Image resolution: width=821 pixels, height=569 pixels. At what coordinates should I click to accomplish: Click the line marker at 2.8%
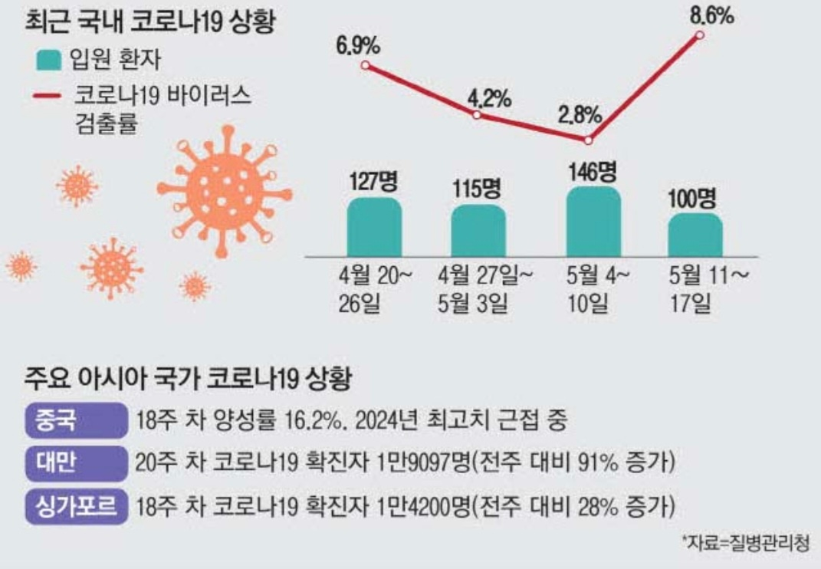[588, 140]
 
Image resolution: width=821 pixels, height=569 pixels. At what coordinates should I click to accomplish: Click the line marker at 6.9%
[365, 65]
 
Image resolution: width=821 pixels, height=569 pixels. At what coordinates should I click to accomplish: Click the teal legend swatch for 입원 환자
[49, 58]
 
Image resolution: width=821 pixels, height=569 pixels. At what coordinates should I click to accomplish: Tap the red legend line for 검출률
[49, 97]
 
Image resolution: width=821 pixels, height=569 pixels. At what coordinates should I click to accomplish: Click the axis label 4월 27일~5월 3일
[477, 289]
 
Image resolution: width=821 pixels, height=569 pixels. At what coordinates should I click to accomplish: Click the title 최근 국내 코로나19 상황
[150, 20]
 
